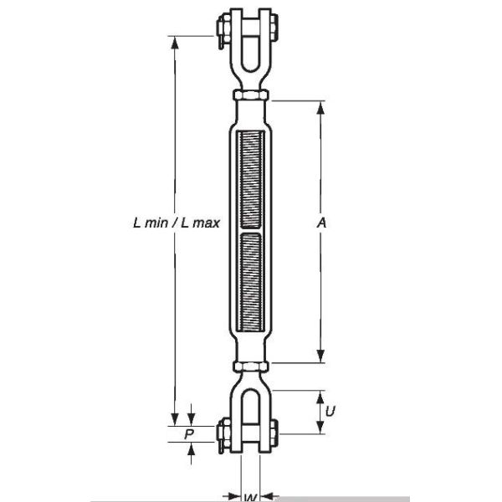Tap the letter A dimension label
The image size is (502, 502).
point(321,223)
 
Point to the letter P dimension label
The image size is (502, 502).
point(189,434)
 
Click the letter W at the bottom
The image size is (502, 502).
point(250,497)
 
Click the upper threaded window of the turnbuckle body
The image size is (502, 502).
point(251,177)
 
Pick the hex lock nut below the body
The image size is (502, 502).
point(251,368)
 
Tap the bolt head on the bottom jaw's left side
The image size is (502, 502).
point(222,433)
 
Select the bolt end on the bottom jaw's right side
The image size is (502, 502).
point(275,433)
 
